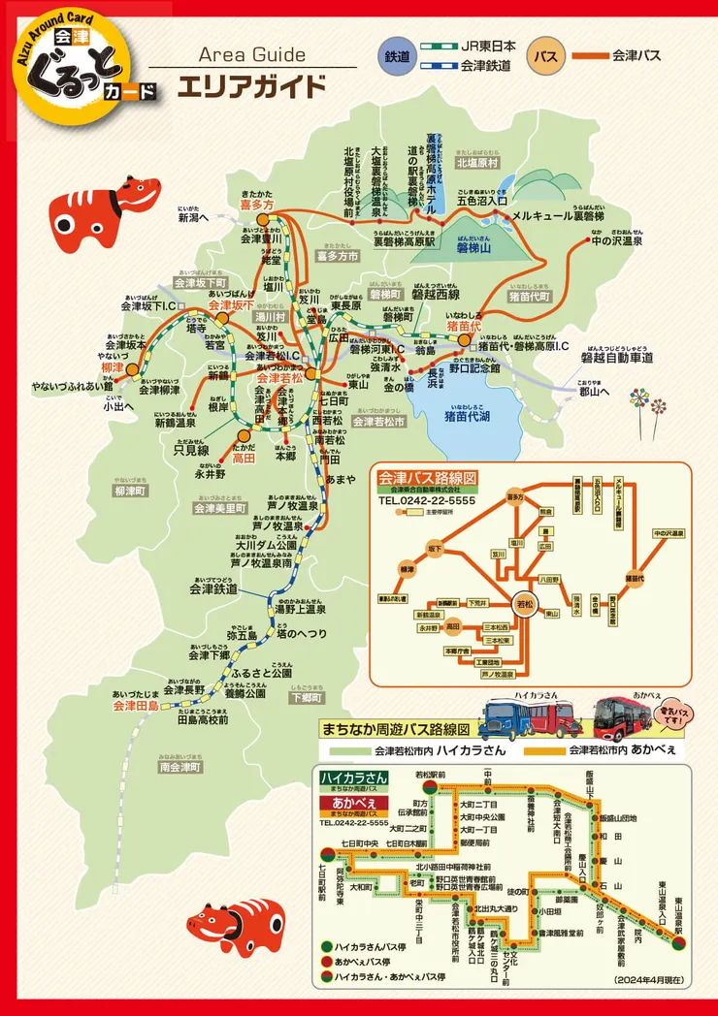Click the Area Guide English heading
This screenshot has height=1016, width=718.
click(x=252, y=55)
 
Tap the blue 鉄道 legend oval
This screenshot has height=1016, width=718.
click(x=400, y=55)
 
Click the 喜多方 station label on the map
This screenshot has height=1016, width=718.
click(x=257, y=205)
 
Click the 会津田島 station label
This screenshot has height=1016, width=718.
click(x=135, y=706)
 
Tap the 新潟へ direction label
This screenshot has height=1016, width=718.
click(x=194, y=219)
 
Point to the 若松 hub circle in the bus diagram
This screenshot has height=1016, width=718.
click(x=525, y=602)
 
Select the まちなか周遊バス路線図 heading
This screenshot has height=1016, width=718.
click(x=396, y=728)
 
